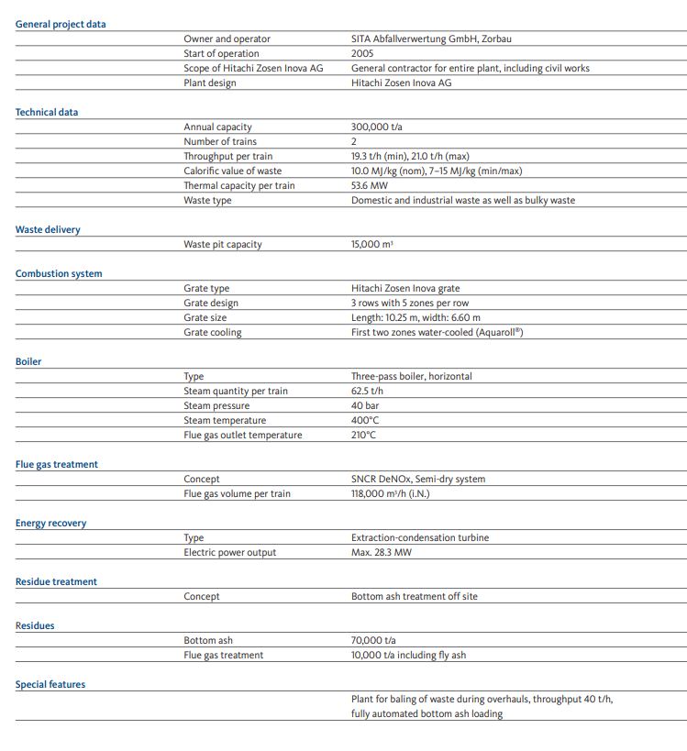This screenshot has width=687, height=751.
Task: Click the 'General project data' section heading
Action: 61,24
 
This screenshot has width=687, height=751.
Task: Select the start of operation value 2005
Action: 362,53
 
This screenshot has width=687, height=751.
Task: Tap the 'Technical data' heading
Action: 47,112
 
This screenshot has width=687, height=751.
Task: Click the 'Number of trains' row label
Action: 220,141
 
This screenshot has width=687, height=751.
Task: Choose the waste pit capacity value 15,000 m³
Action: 378,244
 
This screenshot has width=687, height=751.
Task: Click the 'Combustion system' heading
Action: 59,273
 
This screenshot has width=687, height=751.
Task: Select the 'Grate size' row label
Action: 205,317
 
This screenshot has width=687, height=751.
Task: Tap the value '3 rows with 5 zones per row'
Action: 410,303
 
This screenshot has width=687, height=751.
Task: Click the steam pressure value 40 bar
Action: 367,405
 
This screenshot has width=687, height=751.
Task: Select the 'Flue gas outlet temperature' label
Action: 242,435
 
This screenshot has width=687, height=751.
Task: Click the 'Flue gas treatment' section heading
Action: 57,464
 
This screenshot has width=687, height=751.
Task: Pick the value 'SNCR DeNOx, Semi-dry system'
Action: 418,479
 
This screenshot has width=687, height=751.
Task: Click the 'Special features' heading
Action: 50,684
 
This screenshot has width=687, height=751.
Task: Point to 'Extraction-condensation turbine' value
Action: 420,537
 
